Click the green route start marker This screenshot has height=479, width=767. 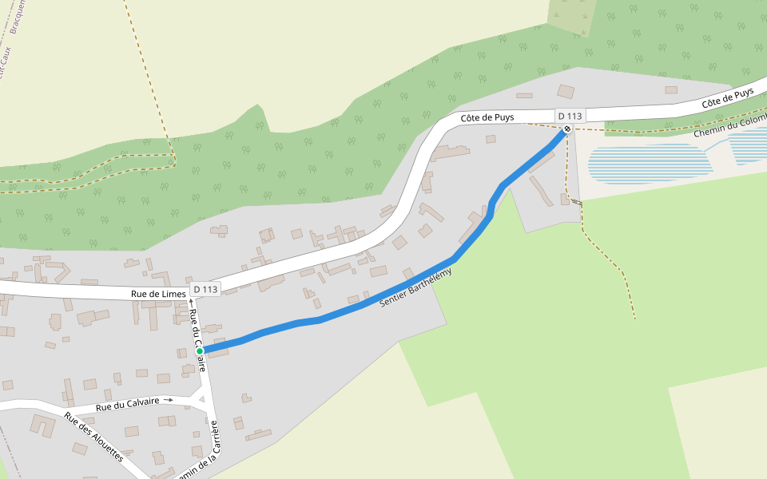click(x=200, y=350)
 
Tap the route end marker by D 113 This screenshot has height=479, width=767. click(x=567, y=129)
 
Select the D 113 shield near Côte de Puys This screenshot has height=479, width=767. click(x=570, y=116)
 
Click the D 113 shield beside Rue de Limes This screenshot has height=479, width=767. click(x=205, y=289)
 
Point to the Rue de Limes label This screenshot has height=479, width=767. click(x=158, y=295)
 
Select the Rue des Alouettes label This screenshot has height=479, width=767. click(x=93, y=437)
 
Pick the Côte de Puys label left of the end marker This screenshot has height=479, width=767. click(x=487, y=117)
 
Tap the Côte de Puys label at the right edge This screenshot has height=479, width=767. click(x=727, y=98)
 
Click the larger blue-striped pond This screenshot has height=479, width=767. click(x=649, y=164)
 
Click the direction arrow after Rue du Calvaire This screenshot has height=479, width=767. click(x=168, y=399)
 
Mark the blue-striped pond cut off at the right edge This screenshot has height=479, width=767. click(x=749, y=144)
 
